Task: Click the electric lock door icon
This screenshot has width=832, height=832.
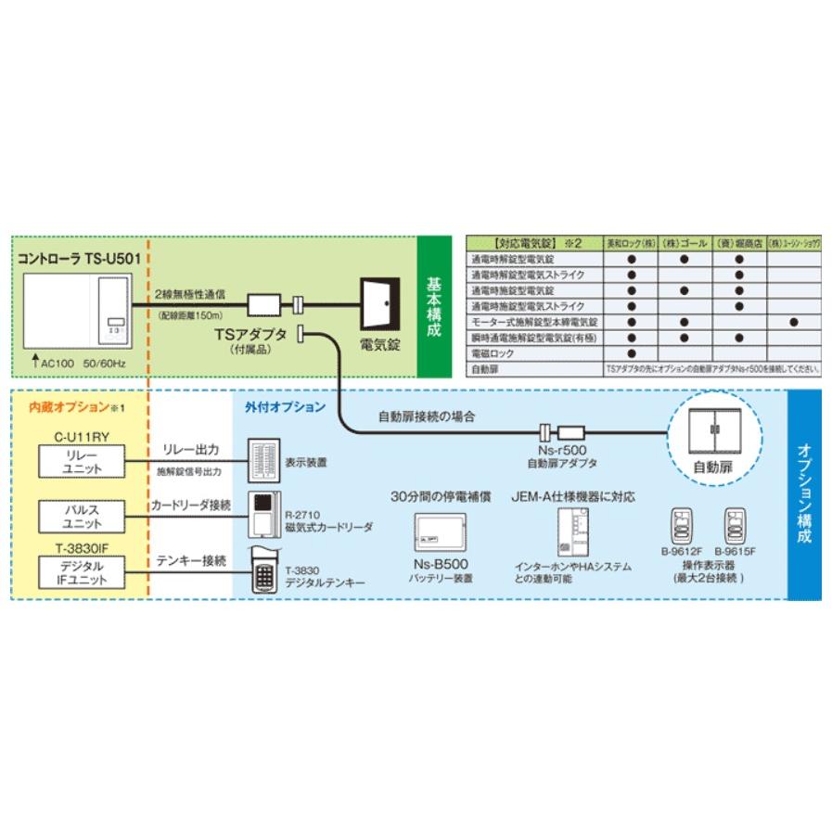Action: [378, 304]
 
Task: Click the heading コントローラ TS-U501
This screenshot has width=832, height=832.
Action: [79, 261]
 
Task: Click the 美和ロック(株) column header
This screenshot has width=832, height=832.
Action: [629, 243]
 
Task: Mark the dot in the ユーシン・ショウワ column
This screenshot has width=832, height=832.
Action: [795, 322]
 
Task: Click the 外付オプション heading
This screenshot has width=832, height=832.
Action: [285, 407]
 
